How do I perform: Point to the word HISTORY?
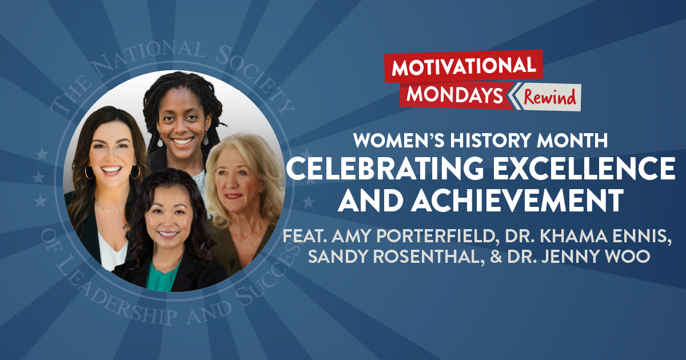(x=478, y=139)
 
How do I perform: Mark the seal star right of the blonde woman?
(x=308, y=201)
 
